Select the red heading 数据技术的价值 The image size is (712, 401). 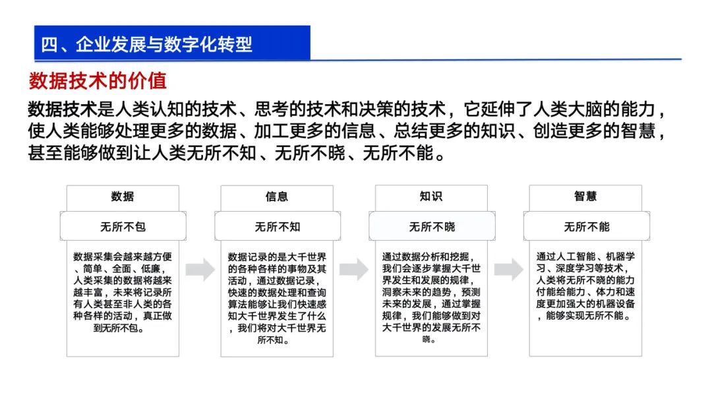coord(98,81)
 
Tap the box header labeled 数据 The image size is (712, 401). coord(123,197)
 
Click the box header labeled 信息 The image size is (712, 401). coord(277,197)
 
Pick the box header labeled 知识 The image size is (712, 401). coord(431,197)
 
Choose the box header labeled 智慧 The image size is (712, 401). coord(585,197)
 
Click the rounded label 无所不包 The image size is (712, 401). coord(123,227)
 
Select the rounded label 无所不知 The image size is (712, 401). coord(277,227)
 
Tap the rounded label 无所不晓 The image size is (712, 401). coord(432,227)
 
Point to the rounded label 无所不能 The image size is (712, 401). coord(586,227)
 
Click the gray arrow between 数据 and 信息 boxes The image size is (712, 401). coord(200,268)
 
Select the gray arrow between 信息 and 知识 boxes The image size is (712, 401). coord(354,268)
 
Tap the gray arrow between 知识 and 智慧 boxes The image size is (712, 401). coord(508,268)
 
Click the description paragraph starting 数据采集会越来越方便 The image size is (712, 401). coord(123,292)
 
